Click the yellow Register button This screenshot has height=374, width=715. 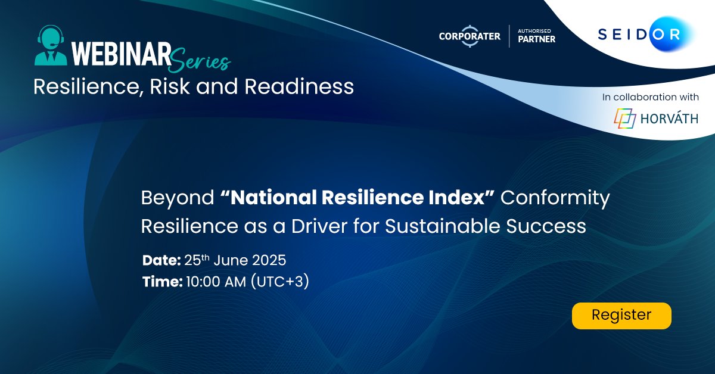coord(621,315)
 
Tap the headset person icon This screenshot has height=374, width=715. coord(50,45)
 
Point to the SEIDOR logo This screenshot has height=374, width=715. coord(639,35)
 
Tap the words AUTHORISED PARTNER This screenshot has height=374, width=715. coord(536,36)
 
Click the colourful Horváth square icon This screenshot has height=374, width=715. coord(625,118)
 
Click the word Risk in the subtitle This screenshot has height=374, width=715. coord(169,87)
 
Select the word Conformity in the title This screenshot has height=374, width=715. coord(555,198)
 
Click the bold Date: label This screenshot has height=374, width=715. coord(161,260)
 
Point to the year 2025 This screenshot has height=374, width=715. coord(266,260)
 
